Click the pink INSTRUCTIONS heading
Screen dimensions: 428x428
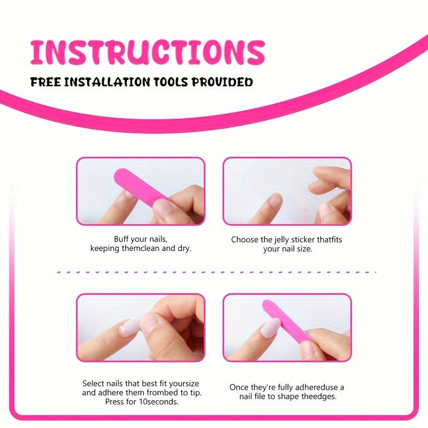(x=148, y=52)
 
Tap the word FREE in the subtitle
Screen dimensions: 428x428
(x=45, y=82)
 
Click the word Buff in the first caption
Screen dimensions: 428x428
(x=121, y=239)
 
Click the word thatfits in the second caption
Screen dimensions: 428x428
(x=329, y=240)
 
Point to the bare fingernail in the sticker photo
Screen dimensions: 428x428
(x=274, y=200)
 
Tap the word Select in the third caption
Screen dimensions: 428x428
(x=93, y=384)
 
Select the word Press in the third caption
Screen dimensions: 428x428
(x=114, y=402)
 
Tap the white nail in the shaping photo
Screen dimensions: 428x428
(x=270, y=328)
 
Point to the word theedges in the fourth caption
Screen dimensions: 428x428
(x=319, y=396)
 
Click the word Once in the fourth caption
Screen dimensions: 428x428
(x=239, y=387)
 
